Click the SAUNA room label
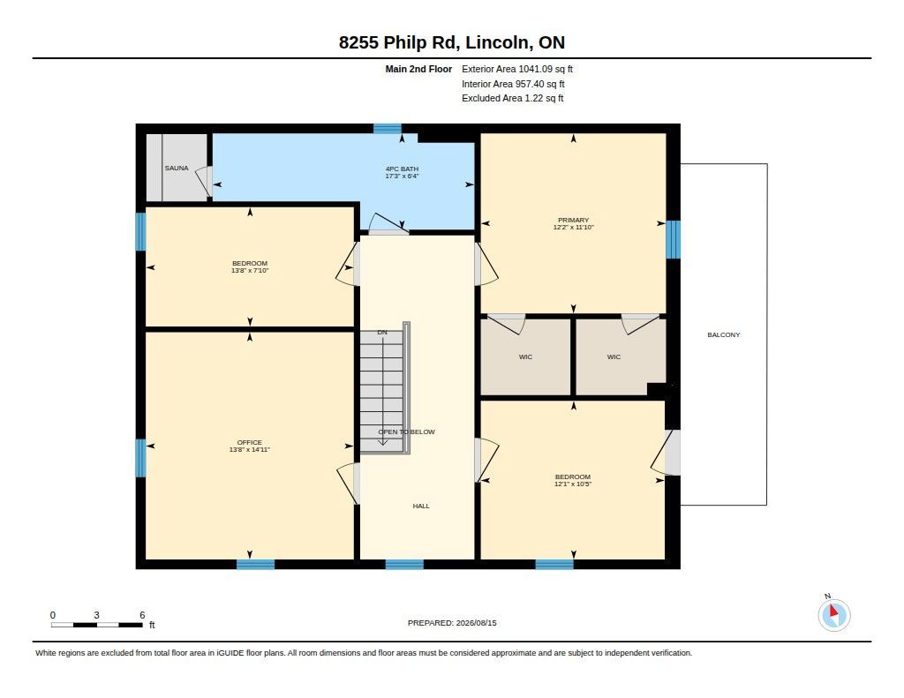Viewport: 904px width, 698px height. (177, 169)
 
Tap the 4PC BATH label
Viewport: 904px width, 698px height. (402, 169)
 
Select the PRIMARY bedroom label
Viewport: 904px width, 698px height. (573, 221)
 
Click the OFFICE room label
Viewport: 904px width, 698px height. (250, 443)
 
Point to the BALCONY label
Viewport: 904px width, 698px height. (724, 334)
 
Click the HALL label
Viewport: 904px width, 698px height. (421, 506)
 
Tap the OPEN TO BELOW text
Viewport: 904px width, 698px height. (406, 432)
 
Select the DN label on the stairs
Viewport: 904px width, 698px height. (382, 333)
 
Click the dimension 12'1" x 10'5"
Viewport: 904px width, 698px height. (573, 484)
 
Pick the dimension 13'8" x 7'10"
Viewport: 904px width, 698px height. (250, 270)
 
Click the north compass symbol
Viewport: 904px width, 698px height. (833, 614)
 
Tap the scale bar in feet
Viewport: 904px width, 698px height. (97, 625)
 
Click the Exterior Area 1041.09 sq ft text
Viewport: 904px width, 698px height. (517, 69)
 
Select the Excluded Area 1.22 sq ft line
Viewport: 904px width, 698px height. (513, 99)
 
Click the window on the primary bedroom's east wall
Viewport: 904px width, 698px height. (673, 239)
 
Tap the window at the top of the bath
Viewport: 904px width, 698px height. (387, 129)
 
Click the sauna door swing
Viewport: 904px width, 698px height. (204, 182)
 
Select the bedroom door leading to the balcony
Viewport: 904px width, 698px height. (666, 453)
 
